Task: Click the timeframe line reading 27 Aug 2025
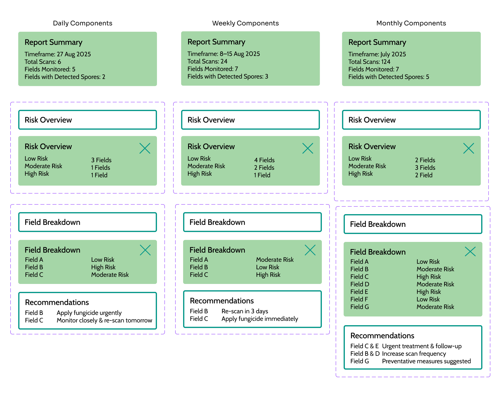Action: [58, 54]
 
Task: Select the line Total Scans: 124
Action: [369, 62]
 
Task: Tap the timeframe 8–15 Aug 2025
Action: [224, 54]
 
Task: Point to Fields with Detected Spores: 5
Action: [388, 77]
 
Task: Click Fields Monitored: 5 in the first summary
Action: [50, 69]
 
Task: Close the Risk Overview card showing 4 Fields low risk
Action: [308, 148]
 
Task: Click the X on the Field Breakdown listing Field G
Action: [470, 251]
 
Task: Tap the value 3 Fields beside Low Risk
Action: [101, 160]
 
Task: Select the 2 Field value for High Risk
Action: [424, 175]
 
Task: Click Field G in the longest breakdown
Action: [359, 307]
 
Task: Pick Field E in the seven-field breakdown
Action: [359, 292]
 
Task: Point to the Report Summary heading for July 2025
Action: [377, 42]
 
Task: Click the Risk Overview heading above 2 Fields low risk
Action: [372, 146]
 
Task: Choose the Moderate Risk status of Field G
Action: [435, 307]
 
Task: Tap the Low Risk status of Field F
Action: [428, 300]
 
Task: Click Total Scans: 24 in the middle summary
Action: [207, 61]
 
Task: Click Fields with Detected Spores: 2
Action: [65, 77]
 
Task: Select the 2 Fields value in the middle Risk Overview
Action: [264, 168]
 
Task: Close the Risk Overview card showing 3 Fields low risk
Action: [145, 148]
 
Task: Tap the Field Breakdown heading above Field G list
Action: [378, 252]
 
